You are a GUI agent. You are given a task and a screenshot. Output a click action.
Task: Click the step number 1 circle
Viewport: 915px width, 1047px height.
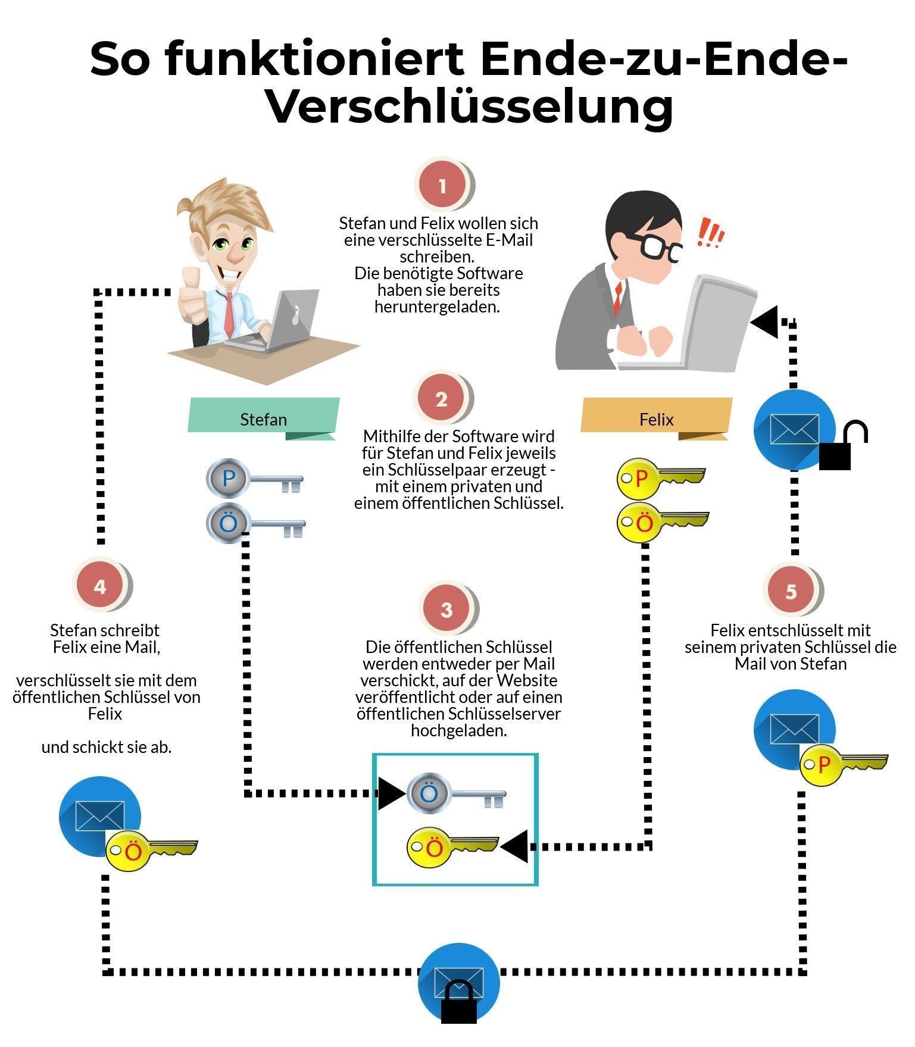pos(442,186)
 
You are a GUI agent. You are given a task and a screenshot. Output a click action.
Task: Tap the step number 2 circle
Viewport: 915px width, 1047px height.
pos(441,398)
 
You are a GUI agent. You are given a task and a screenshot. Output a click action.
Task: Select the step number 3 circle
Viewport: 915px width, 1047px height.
pos(446,609)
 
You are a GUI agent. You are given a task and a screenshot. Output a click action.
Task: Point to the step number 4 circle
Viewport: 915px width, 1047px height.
pos(99,586)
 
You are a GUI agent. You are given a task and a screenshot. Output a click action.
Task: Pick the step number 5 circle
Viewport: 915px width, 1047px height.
pos(791,591)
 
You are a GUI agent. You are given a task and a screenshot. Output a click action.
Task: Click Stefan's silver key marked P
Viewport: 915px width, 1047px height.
pos(253,479)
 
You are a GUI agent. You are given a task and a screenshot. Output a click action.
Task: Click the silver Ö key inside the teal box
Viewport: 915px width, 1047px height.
pos(455,794)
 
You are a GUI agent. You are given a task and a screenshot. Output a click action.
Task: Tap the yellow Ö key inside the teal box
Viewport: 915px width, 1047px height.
pos(451,847)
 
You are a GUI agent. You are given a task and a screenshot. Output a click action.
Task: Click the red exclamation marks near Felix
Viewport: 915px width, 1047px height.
pos(710,233)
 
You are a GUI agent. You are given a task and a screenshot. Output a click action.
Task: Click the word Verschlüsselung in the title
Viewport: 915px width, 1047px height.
pos(470,107)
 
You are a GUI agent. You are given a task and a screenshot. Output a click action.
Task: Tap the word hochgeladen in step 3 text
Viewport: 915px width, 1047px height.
pos(458,730)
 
